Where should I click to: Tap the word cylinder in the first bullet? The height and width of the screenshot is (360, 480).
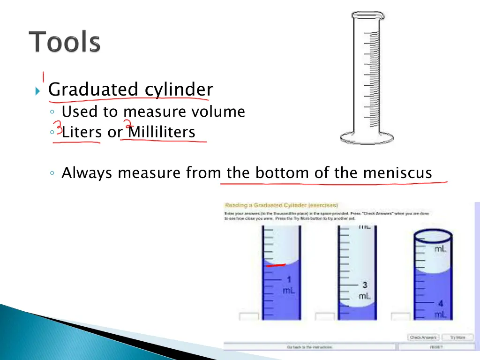[178, 89]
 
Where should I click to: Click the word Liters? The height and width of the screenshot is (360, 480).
[82, 133]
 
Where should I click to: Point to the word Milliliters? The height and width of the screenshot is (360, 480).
[162, 133]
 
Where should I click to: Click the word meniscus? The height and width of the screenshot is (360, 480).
[397, 173]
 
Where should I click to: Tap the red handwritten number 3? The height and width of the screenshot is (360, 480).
[58, 127]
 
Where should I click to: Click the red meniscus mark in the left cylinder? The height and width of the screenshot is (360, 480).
[276, 265]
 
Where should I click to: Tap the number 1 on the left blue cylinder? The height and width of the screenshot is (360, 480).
[289, 281]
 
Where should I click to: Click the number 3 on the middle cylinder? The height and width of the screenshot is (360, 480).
[365, 285]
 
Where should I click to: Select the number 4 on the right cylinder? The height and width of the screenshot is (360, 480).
[441, 304]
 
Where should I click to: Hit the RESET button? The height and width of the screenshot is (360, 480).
[436, 347]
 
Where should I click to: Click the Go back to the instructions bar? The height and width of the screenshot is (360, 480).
[309, 347]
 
